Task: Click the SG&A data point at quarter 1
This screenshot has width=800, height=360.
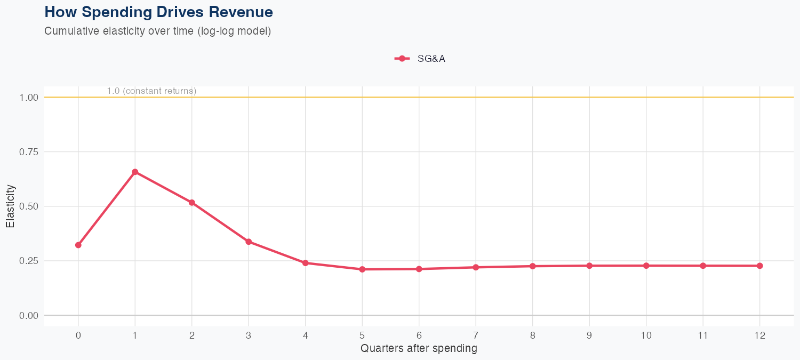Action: point(135,172)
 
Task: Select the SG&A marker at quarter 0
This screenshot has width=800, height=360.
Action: point(78,245)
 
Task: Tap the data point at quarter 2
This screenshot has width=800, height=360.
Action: point(192,203)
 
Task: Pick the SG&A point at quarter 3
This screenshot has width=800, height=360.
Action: point(249,242)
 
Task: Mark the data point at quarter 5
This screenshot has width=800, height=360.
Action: point(362,269)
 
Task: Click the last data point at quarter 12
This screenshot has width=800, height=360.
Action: point(759,266)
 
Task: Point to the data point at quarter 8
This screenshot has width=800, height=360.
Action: point(532,266)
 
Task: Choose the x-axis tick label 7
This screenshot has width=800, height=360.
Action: point(476,335)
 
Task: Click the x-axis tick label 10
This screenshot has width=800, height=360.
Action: point(646,335)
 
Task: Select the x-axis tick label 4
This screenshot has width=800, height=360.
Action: point(305,335)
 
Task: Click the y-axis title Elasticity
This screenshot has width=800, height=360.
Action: point(10,206)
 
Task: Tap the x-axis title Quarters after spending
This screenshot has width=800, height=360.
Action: point(419,349)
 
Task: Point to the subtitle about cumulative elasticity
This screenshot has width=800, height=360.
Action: point(158,31)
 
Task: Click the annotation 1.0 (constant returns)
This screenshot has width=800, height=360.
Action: point(151,91)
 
